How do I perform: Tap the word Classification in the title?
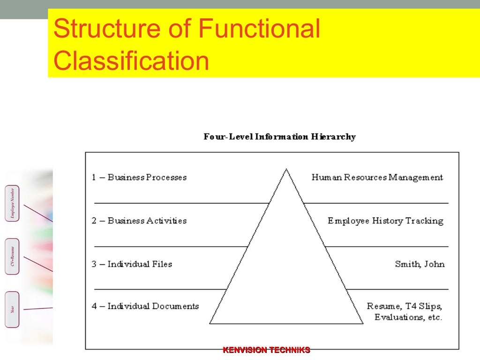coord(131,61)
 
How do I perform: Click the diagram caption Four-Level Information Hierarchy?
coord(279,137)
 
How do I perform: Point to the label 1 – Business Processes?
coord(139,177)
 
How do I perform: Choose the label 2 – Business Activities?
coord(139,220)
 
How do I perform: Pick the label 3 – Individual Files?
coord(132,264)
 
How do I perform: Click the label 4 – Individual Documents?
coord(145,306)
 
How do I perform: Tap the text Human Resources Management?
coord(377,177)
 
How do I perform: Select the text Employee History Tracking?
coord(385,220)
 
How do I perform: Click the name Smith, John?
coord(420,264)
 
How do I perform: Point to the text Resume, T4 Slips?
coord(404,306)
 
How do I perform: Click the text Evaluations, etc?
coord(408,317)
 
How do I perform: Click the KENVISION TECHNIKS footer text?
coord(266,350)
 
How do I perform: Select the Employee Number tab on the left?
coord(12,203)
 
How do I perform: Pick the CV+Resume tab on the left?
coord(12,256)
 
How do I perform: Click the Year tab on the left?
coord(12,309)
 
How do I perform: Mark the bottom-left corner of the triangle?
coord(210,323)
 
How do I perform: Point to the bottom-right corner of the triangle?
coord(363,323)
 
